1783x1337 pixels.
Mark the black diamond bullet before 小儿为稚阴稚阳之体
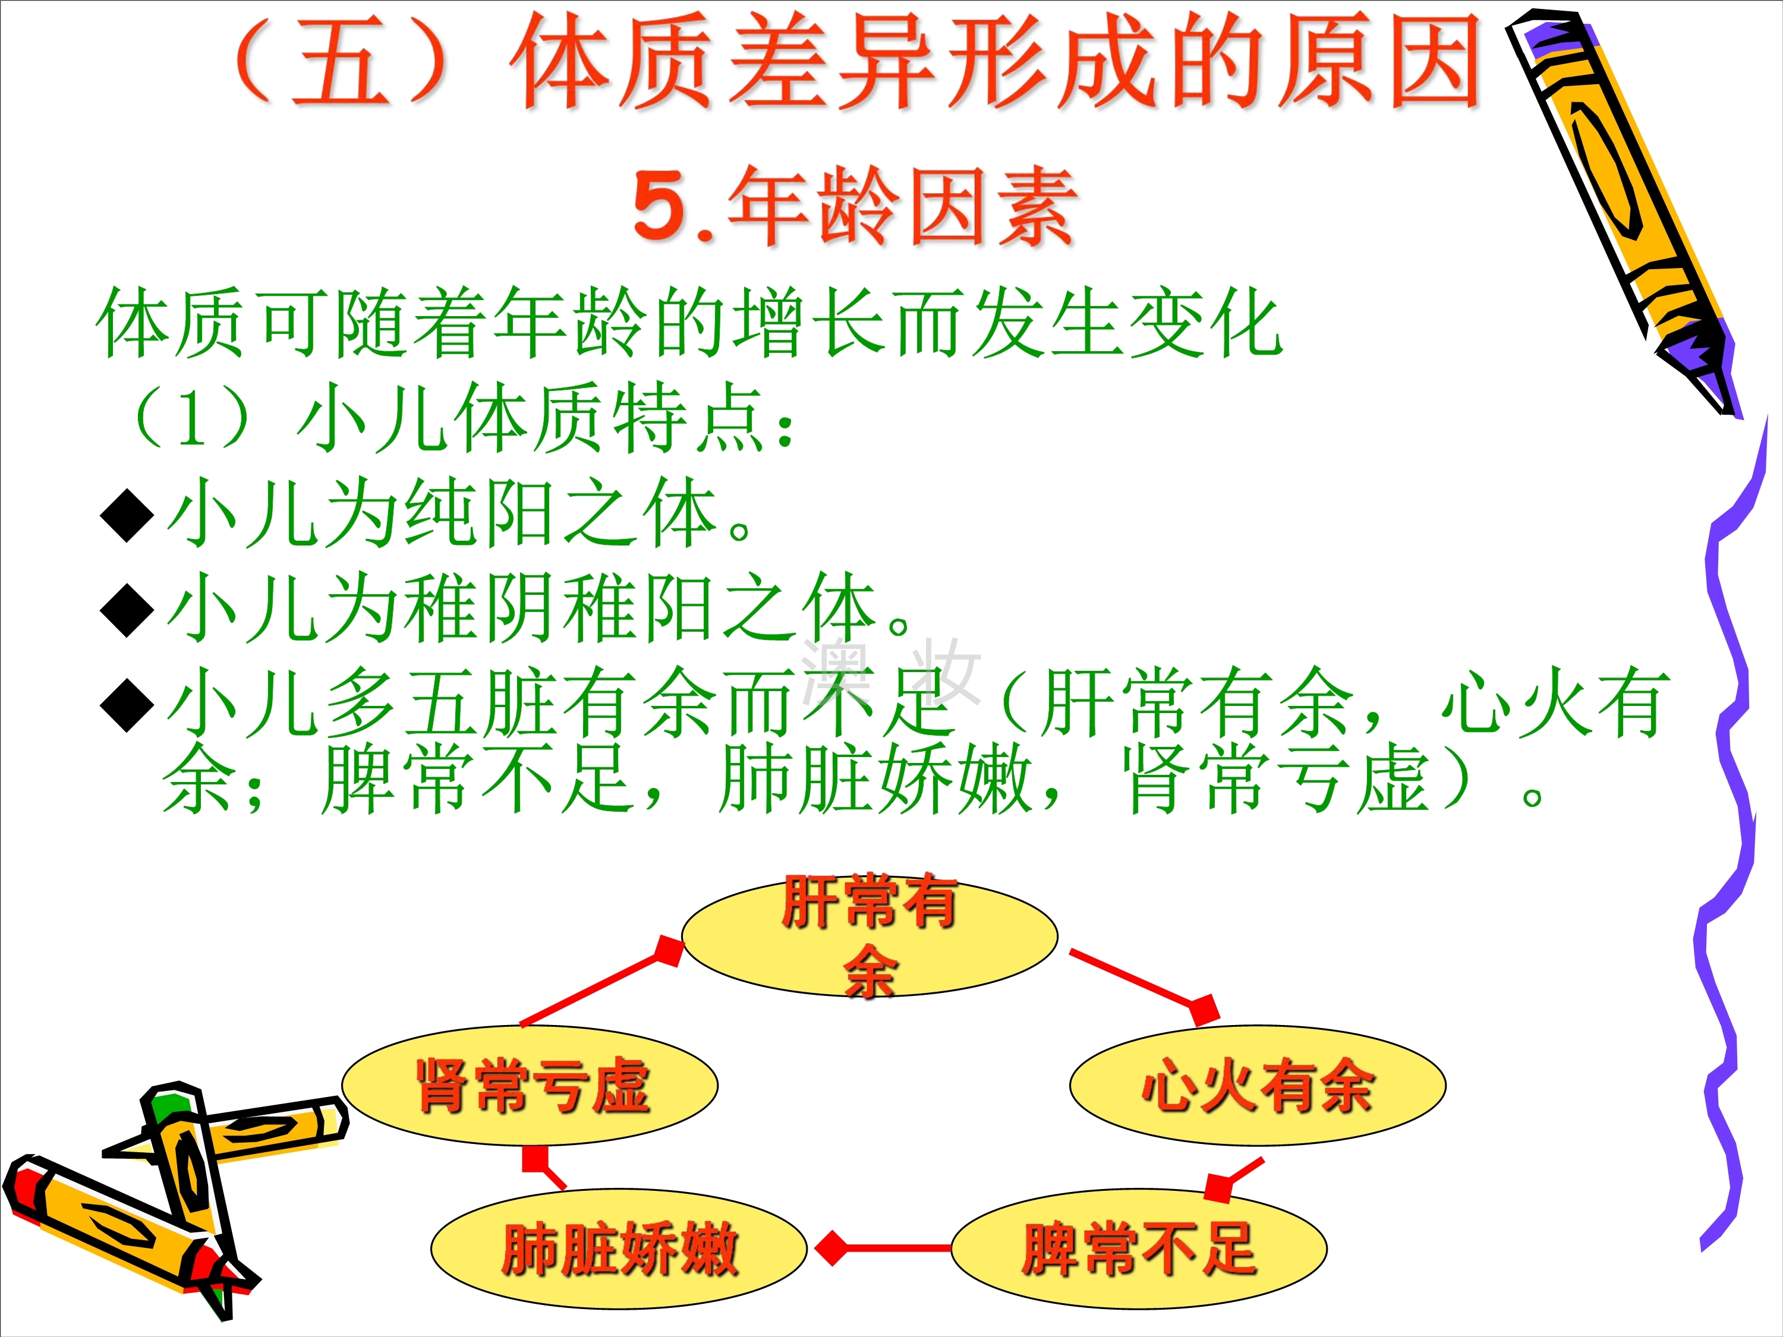coord(127,611)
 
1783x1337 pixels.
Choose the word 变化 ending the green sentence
coord(1206,323)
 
